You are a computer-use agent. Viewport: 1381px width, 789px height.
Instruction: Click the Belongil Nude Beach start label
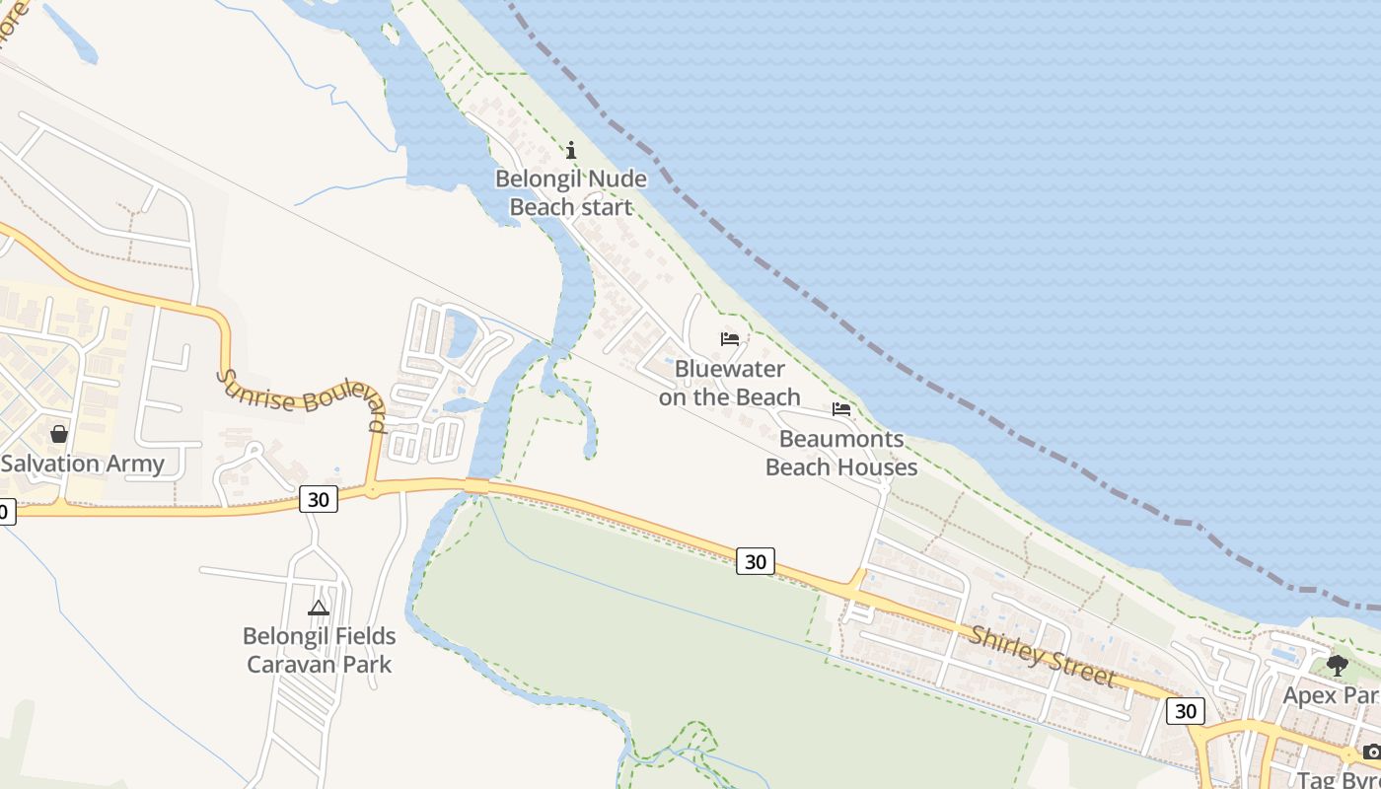click(x=570, y=193)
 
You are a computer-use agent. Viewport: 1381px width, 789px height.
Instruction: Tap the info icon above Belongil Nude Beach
click(x=570, y=150)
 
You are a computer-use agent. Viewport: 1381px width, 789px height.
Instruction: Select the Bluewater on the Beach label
click(x=729, y=383)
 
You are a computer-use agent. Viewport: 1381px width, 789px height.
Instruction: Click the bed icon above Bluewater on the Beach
click(x=730, y=339)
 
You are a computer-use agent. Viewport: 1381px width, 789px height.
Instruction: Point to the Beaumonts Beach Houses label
click(x=841, y=453)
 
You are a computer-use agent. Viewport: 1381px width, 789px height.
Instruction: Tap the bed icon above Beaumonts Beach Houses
click(x=841, y=408)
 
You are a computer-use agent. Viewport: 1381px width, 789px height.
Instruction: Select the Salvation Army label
click(x=83, y=464)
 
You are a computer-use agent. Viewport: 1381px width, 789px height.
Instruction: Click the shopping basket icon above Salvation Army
click(x=59, y=434)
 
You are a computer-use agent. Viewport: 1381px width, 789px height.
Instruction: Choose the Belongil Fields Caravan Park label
click(x=319, y=650)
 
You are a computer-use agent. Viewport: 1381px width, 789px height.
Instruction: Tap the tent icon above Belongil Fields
click(x=319, y=608)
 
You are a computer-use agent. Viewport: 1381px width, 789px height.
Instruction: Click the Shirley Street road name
click(x=1042, y=657)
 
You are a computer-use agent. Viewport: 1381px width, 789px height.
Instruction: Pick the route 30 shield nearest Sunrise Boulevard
click(x=318, y=499)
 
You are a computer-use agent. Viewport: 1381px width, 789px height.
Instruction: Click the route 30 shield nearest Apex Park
click(x=1185, y=710)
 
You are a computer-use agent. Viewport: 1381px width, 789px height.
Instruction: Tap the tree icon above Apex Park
click(x=1337, y=666)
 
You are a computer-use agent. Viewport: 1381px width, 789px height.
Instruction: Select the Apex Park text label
click(x=1331, y=695)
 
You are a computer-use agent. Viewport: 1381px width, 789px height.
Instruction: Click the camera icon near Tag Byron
click(x=1371, y=753)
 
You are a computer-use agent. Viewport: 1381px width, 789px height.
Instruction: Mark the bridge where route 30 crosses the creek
click(x=476, y=485)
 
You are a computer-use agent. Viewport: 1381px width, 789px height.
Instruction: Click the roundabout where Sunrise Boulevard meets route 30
click(x=372, y=488)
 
